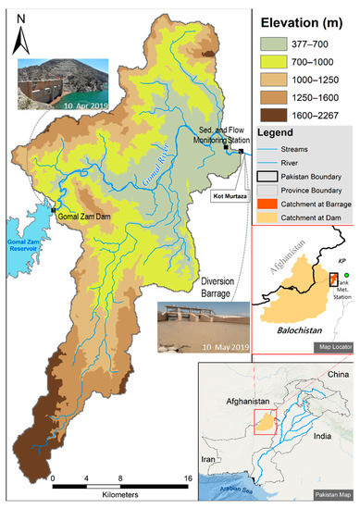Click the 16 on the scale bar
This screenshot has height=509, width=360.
(188, 478)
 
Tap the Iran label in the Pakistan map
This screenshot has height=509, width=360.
(211, 457)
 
